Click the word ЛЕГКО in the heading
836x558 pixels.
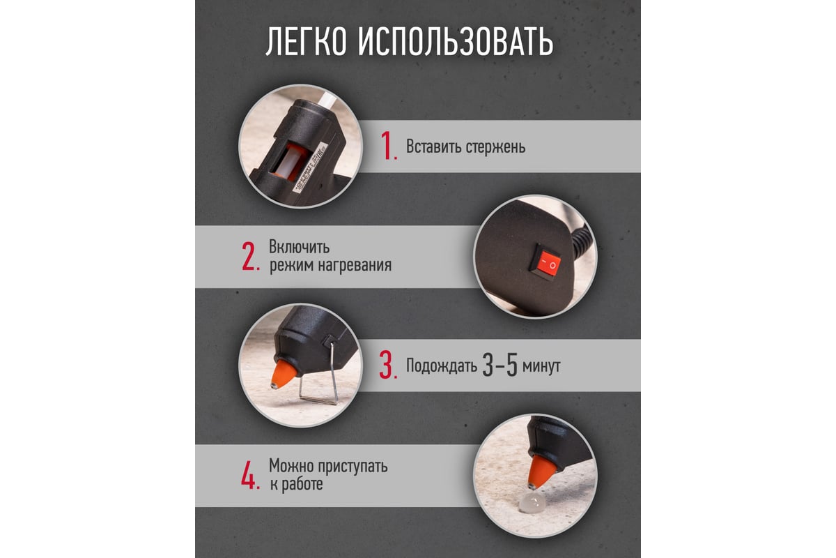(x=306, y=42)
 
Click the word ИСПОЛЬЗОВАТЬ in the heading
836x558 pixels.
(x=456, y=42)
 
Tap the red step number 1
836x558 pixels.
(x=388, y=146)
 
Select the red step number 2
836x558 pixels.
(x=249, y=256)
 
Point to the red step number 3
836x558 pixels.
(x=387, y=365)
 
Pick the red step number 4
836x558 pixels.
(x=249, y=475)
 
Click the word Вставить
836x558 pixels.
(x=433, y=146)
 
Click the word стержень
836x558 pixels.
(x=495, y=147)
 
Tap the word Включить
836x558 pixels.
(x=299, y=247)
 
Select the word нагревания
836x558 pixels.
(x=355, y=265)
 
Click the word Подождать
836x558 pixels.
(x=442, y=366)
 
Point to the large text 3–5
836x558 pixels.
(x=500, y=365)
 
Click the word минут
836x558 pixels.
(x=541, y=366)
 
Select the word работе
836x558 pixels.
(x=302, y=484)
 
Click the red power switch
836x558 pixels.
(x=545, y=260)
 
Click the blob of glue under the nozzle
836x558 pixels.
(x=532, y=502)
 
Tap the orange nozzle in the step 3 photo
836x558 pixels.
(x=284, y=374)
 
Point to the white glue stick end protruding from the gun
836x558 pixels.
(x=327, y=101)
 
